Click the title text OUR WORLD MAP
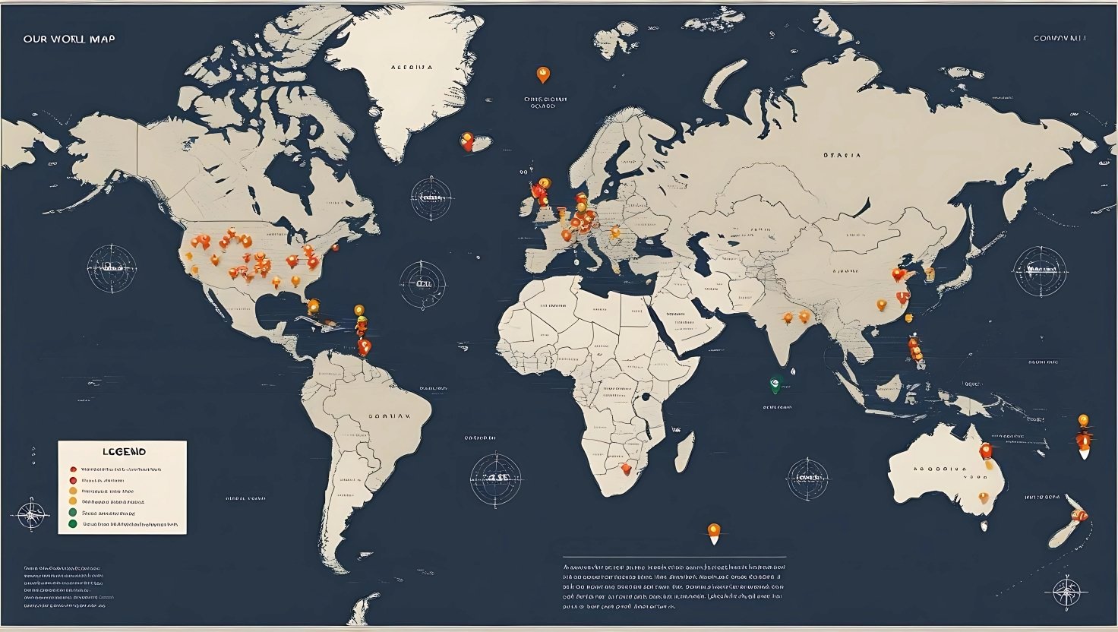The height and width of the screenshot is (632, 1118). [69, 38]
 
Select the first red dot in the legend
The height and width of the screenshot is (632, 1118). [72, 469]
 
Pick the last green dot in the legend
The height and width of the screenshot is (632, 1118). [72, 523]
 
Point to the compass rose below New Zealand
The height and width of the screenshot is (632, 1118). [1066, 589]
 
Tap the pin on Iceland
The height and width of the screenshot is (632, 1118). [467, 141]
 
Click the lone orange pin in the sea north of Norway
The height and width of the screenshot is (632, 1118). [542, 74]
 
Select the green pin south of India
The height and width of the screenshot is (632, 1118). [776, 384]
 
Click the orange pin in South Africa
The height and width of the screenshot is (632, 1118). [625, 469]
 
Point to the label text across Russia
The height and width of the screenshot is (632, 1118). [842, 155]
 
